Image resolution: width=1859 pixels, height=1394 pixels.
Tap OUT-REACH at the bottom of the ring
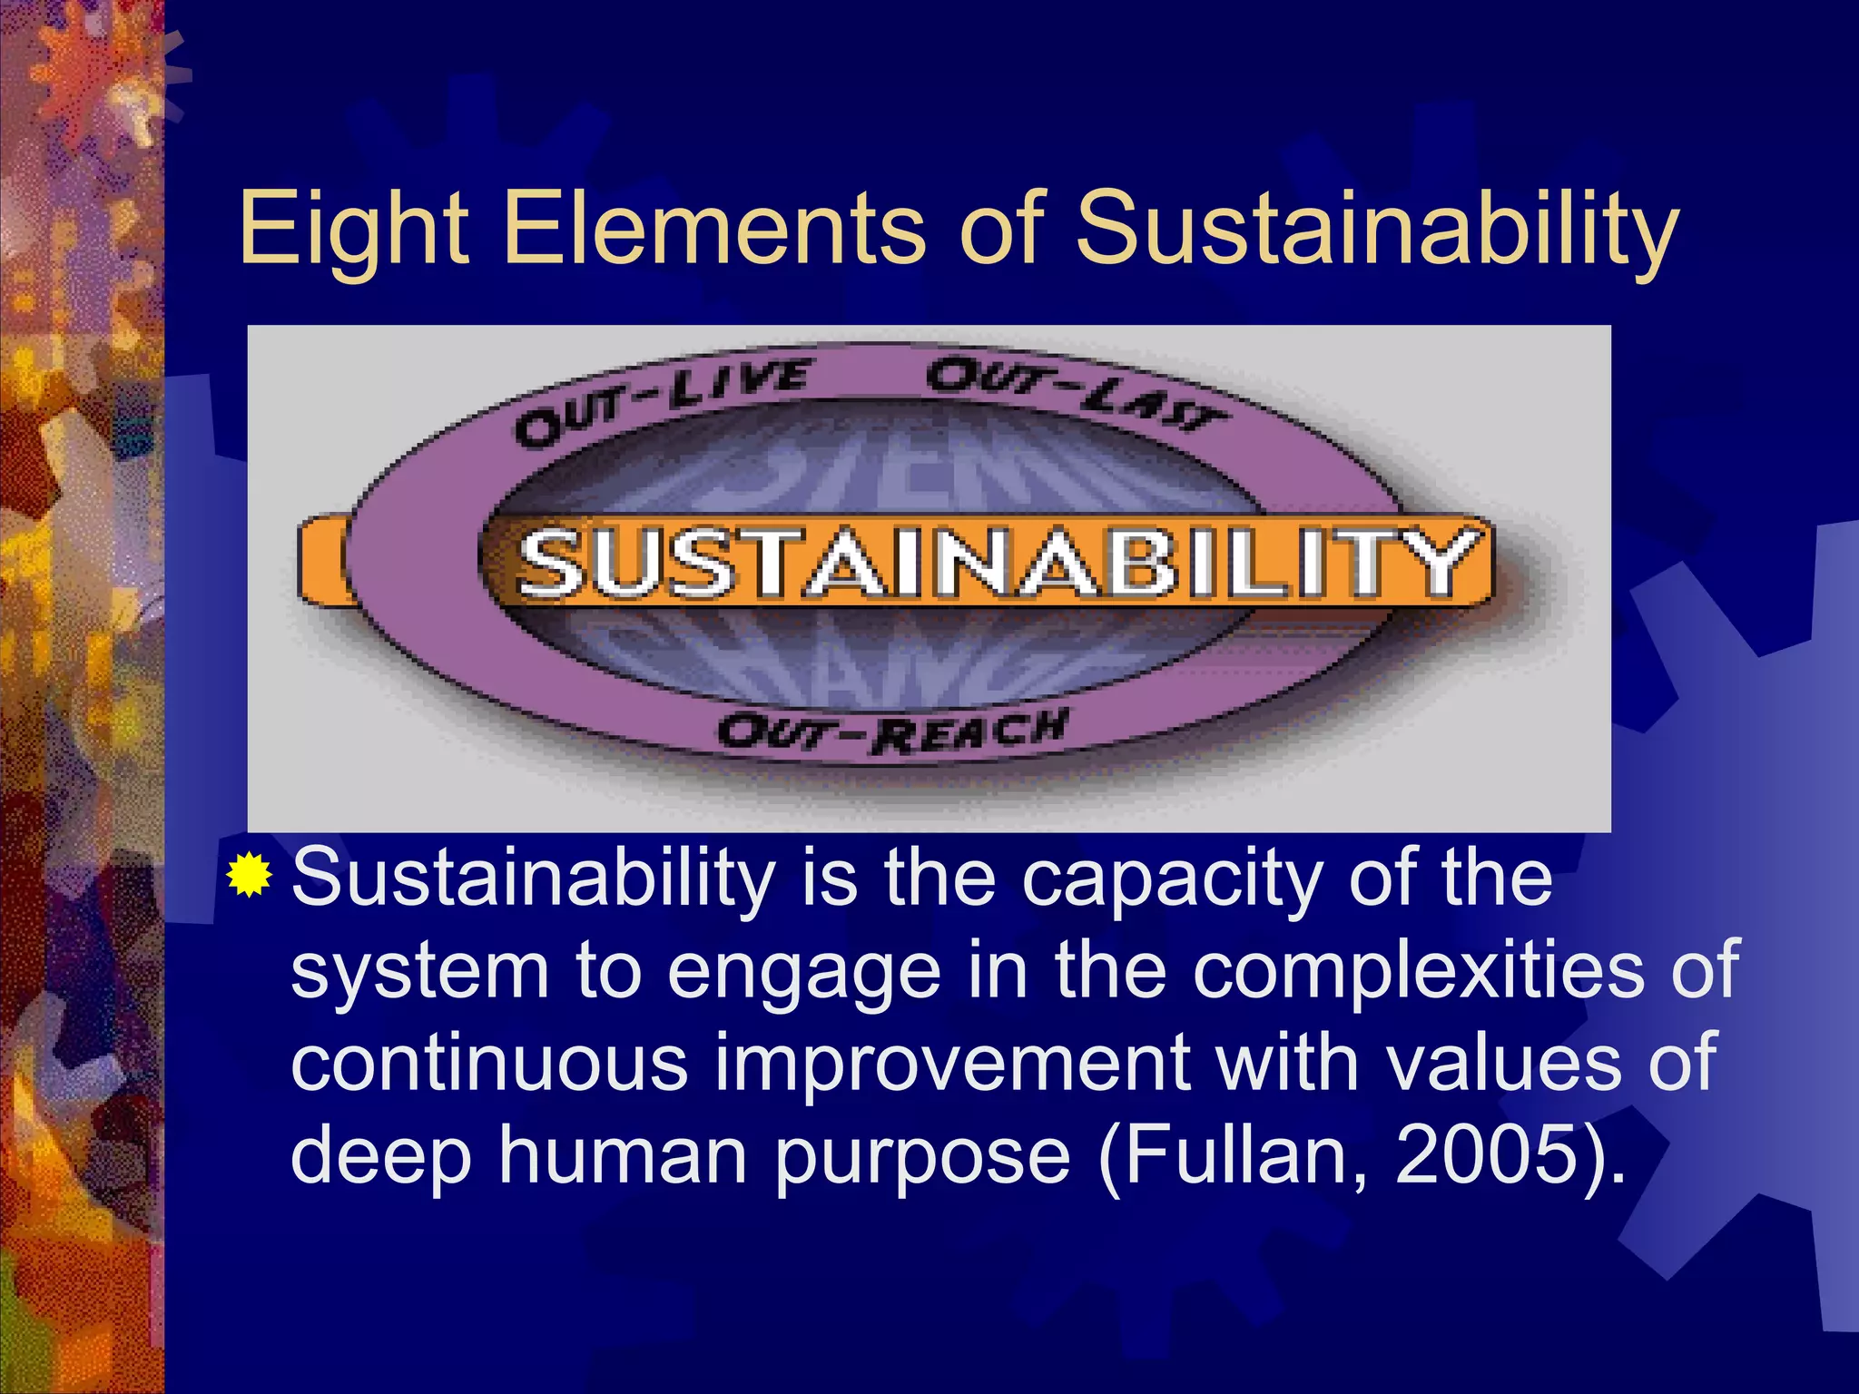tap(890, 731)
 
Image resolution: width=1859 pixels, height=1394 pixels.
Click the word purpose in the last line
tap(922, 1160)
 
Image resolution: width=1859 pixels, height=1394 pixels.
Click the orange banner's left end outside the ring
tap(320, 560)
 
